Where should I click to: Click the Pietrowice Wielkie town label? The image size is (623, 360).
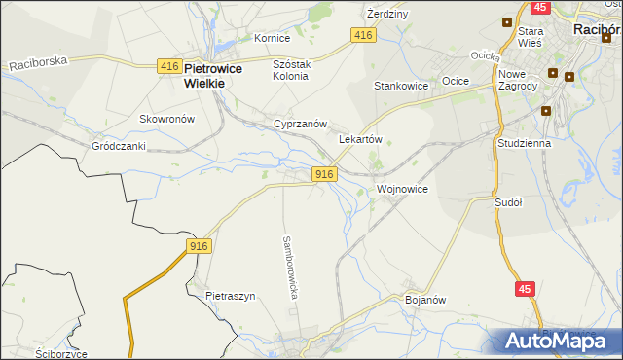227,76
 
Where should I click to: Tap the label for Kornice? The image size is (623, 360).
272,38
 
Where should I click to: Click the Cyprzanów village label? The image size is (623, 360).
300,125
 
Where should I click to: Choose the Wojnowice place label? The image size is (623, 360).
401,189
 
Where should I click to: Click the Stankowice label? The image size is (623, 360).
402,86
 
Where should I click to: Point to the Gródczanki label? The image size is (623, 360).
118,146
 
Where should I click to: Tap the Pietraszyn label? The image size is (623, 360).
230,296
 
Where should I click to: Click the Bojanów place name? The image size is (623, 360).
424,300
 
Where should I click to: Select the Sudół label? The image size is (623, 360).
508,202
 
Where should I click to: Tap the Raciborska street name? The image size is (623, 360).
38,62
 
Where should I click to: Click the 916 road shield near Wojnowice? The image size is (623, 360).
325,173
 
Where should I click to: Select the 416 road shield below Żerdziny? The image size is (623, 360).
362,35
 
